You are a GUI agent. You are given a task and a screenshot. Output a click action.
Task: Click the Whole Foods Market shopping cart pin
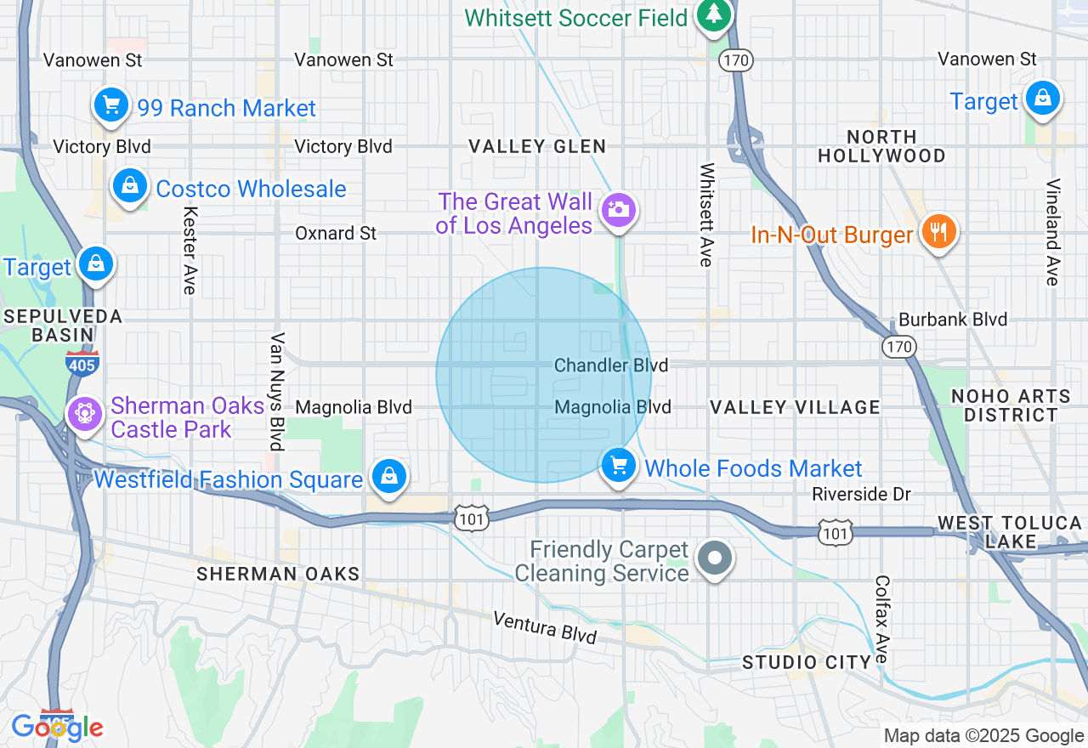pos(619,466)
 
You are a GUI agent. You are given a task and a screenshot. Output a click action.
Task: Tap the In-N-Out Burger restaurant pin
pos(938,232)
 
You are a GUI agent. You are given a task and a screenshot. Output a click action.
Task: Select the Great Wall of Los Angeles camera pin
pos(618,209)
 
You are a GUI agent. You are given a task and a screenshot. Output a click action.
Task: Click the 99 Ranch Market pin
pos(110,105)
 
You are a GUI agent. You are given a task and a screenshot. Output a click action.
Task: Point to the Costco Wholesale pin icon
pos(130,186)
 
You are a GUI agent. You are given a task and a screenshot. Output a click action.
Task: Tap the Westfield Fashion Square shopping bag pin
pos(388,476)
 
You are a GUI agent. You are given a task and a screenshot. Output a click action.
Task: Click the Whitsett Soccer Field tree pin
pos(714,14)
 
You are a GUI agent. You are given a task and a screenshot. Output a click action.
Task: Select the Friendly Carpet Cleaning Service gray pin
pos(714,558)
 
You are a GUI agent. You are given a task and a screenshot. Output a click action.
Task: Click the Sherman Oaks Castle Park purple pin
pos(84,414)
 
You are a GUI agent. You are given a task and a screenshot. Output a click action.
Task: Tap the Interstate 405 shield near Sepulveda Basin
pos(82,363)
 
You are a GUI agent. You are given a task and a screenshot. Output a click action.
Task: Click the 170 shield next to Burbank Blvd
pos(898,346)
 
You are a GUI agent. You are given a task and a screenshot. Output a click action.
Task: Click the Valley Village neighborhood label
pos(795,407)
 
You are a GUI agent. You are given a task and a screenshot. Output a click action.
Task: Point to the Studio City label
pos(807,662)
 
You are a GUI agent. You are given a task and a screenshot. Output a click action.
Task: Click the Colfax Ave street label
pos(881,620)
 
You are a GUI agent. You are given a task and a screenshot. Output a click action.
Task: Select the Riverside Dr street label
pos(861,494)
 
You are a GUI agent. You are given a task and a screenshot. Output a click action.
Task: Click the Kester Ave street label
pos(189,251)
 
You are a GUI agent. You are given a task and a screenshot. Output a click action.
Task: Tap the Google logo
pos(57,727)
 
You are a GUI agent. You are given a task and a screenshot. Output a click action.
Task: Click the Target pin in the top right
pos(1042,99)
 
